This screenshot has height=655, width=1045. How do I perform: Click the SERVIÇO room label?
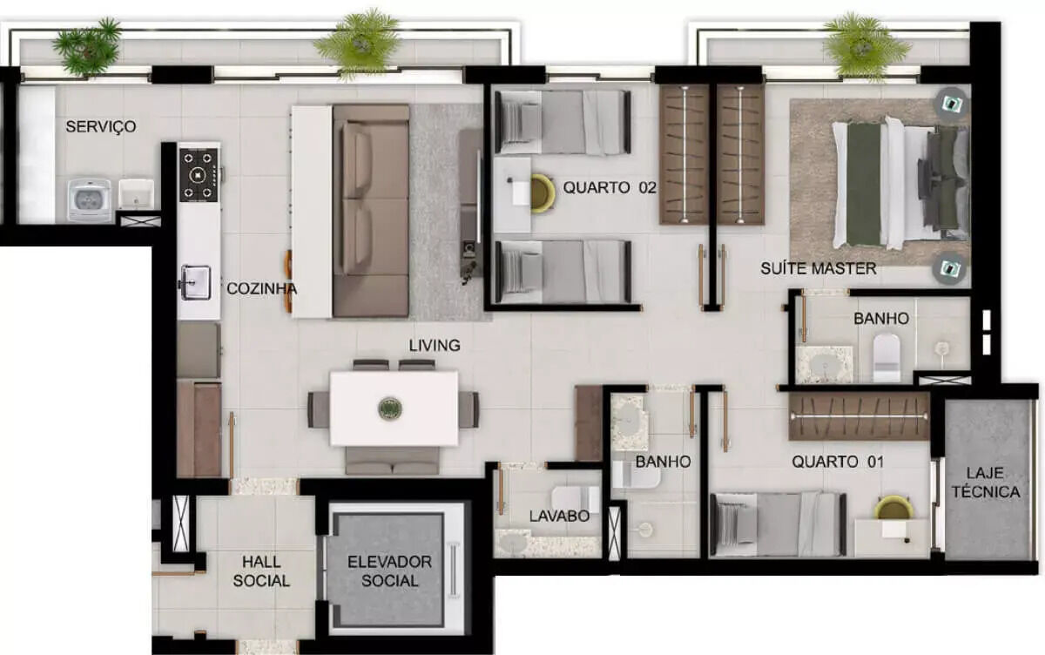click(101, 126)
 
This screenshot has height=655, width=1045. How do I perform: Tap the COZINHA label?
click(262, 289)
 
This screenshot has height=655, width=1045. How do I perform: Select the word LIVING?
click(435, 345)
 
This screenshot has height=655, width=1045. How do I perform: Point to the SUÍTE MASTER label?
click(819, 268)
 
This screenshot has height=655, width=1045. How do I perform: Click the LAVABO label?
click(559, 516)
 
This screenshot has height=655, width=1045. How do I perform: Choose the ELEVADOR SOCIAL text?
click(389, 571)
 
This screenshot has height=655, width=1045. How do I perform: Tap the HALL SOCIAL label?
click(261, 571)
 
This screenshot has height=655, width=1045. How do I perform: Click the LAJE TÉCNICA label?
click(986, 483)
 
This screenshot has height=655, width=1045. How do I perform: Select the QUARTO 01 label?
click(838, 462)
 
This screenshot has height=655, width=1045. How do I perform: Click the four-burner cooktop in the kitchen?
click(199, 175)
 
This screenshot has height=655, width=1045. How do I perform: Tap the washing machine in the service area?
click(89, 200)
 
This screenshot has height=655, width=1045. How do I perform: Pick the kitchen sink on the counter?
click(196, 282)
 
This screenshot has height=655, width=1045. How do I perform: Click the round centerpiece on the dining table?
click(390, 409)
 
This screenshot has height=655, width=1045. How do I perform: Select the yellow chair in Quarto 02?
click(543, 193)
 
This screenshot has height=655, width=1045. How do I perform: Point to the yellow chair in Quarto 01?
click(893, 508)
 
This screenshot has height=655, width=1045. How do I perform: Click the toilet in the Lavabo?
click(576, 499)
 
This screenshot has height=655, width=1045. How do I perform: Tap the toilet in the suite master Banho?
click(886, 357)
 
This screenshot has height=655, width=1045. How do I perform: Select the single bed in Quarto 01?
click(779, 523)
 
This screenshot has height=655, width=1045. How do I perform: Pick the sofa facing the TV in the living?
click(371, 211)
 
